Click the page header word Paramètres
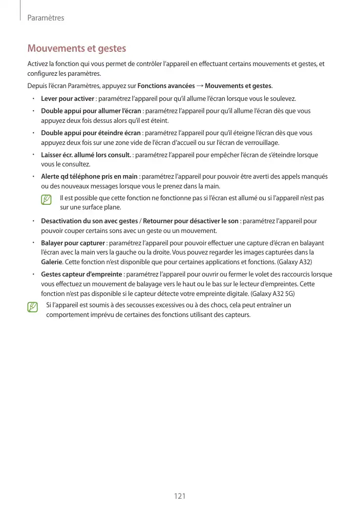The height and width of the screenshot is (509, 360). click(x=45, y=18)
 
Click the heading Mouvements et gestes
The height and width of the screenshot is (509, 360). click(x=76, y=49)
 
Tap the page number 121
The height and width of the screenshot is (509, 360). click(x=180, y=496)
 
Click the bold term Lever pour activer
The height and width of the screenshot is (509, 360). click(x=67, y=98)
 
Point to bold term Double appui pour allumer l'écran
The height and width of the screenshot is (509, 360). click(x=91, y=111)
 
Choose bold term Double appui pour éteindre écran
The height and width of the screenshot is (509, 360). click(x=90, y=133)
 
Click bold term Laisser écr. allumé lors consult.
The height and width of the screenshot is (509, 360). click(x=86, y=155)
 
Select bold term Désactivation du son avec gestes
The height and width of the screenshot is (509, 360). click(x=89, y=221)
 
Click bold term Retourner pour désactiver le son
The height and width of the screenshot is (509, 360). click(x=190, y=221)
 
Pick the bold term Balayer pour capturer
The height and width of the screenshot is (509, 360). click(x=73, y=243)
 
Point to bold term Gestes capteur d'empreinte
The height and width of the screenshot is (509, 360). click(x=81, y=274)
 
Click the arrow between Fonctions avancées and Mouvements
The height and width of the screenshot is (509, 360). click(x=199, y=85)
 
